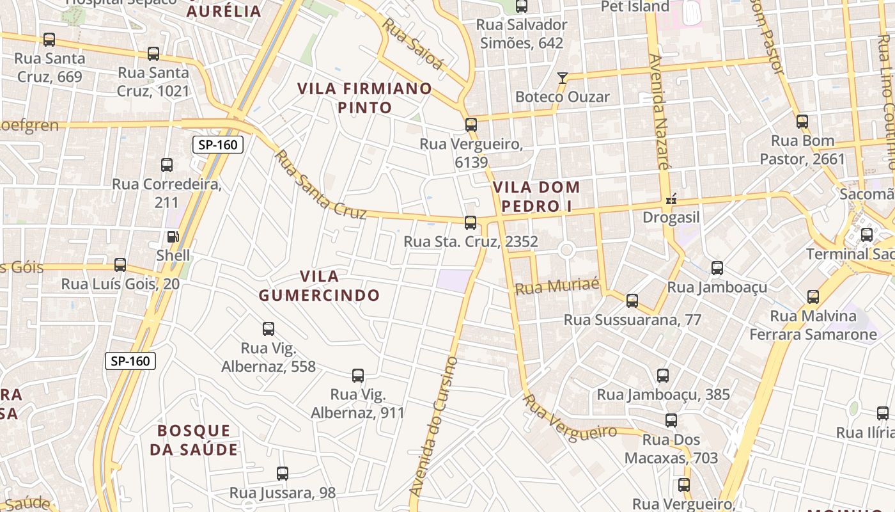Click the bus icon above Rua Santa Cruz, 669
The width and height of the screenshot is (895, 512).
(49, 39)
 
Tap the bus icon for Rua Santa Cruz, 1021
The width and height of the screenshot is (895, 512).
(153, 54)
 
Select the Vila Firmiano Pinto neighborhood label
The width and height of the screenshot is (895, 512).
(364, 98)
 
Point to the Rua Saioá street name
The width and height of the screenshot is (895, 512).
(413, 44)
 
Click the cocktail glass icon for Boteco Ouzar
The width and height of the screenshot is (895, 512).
(563, 78)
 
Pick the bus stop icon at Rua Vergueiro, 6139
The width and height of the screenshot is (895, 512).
(471, 125)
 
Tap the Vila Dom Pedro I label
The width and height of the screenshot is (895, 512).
(536, 197)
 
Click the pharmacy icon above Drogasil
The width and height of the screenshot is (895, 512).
(671, 199)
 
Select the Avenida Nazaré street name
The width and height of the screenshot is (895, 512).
(658, 111)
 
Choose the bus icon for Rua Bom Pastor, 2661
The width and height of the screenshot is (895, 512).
(802, 121)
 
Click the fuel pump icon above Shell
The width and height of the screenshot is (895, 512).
(173, 237)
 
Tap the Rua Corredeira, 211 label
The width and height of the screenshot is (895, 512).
(167, 193)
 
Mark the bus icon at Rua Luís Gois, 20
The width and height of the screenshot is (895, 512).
(120, 265)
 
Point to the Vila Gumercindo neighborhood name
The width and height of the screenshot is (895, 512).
(319, 285)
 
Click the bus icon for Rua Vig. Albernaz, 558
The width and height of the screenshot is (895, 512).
(268, 329)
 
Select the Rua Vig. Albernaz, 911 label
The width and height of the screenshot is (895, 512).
(358, 404)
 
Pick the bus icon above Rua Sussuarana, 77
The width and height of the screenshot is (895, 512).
(632, 301)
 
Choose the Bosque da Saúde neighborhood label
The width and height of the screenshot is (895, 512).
(194, 440)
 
